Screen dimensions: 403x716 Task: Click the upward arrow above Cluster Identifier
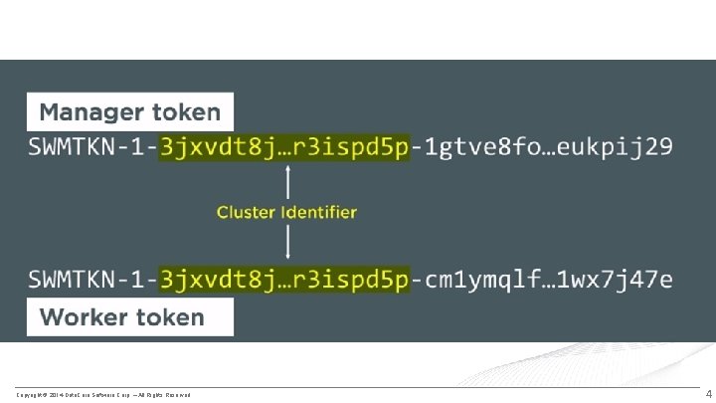[287, 182]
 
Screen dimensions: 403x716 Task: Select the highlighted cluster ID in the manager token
[284, 148]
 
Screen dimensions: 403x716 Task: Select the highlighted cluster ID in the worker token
[284, 280]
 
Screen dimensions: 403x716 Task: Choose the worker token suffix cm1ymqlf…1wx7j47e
[548, 280]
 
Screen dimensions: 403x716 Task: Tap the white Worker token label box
[130, 318]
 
